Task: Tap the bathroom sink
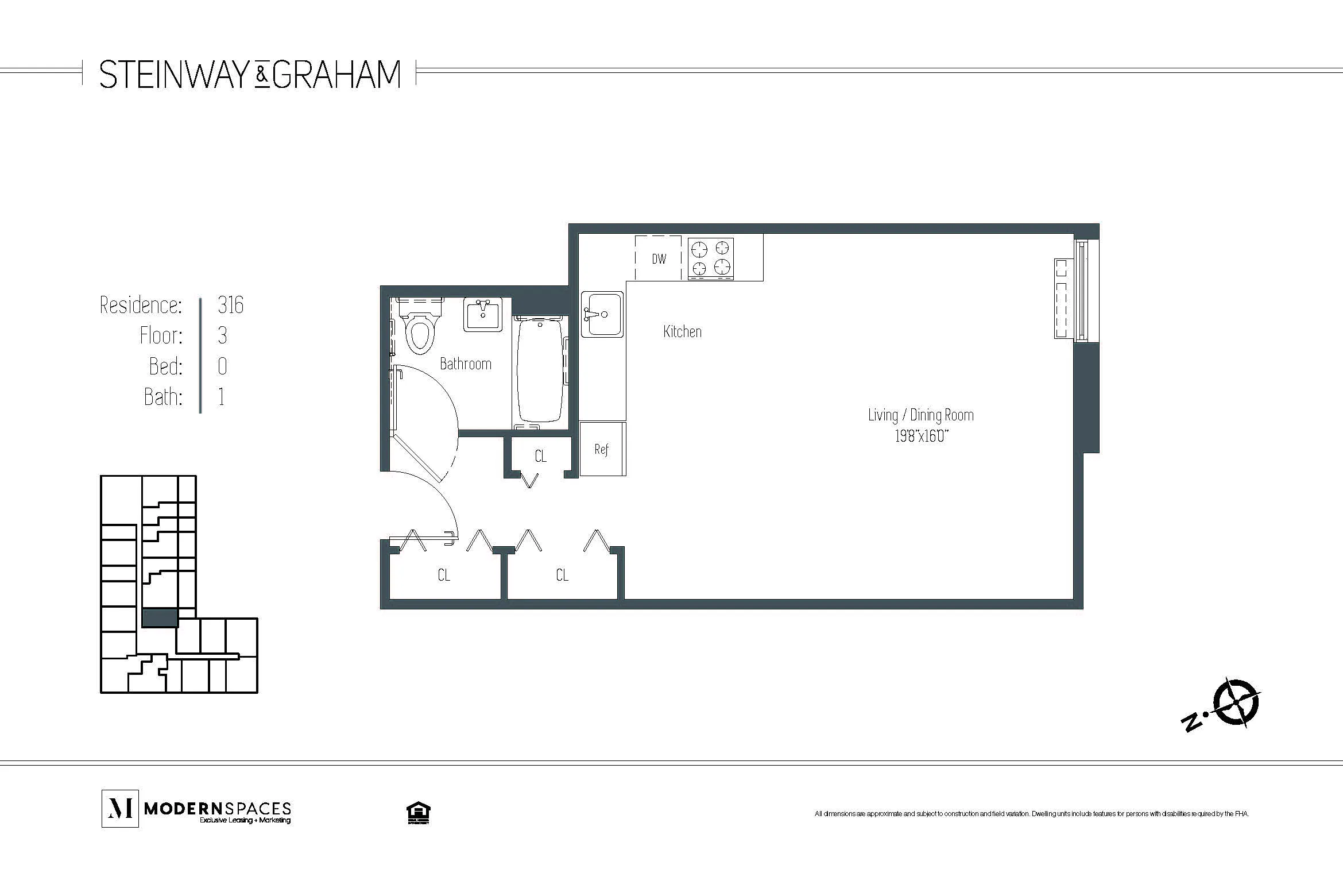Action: pyautogui.click(x=482, y=315)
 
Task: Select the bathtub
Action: pyautogui.click(x=540, y=370)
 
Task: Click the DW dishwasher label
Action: pyautogui.click(x=659, y=258)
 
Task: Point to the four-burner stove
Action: pyautogui.click(x=711, y=258)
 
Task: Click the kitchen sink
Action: pyautogui.click(x=602, y=314)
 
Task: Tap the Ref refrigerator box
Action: pyautogui.click(x=602, y=449)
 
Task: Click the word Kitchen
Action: pyautogui.click(x=682, y=331)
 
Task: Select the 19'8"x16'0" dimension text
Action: pyautogui.click(x=920, y=437)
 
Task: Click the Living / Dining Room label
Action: pyautogui.click(x=920, y=415)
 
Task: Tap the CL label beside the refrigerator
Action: pyautogui.click(x=540, y=456)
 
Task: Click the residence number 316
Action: pyautogui.click(x=231, y=305)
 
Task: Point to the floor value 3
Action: pyautogui.click(x=223, y=335)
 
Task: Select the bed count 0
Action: pyautogui.click(x=223, y=366)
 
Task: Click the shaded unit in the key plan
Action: pyautogui.click(x=160, y=618)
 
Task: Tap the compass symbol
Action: pyautogui.click(x=1234, y=702)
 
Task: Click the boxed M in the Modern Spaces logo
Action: pyautogui.click(x=120, y=808)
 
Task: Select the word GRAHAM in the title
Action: pyautogui.click(x=336, y=75)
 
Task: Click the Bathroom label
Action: pyautogui.click(x=465, y=364)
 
